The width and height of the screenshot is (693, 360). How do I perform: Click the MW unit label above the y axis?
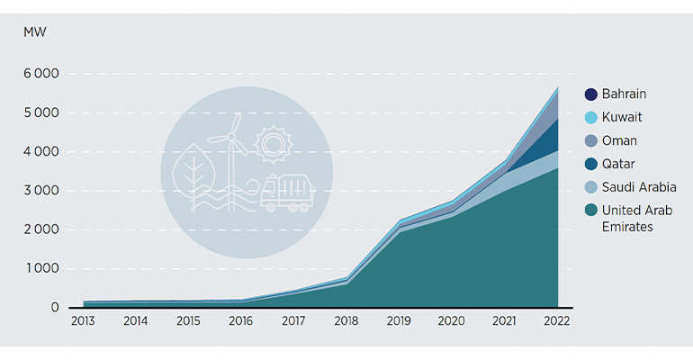(35, 33)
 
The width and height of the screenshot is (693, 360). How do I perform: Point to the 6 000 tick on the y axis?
(41, 75)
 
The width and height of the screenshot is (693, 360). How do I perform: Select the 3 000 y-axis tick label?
(41, 191)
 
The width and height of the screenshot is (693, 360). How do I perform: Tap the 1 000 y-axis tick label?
(41, 268)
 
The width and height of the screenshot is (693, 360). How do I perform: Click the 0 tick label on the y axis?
(55, 307)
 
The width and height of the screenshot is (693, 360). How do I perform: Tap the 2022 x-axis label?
(556, 321)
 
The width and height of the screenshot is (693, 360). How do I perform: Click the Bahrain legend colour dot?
(590, 94)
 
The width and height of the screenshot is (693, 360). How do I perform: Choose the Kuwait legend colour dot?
(590, 118)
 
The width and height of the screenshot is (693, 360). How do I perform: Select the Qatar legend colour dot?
(590, 164)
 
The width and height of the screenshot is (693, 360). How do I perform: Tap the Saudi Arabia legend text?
(639, 187)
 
